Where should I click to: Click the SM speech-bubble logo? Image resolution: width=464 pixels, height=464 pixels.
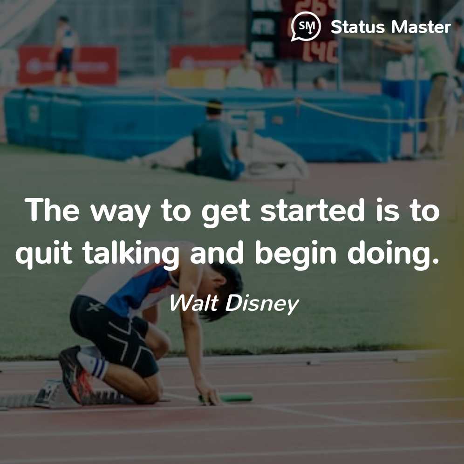click(306, 27)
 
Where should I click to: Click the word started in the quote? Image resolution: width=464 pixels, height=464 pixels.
click(312, 210)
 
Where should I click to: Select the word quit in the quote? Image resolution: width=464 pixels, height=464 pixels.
click(44, 253)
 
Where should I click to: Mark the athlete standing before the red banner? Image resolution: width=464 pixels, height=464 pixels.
click(65, 50)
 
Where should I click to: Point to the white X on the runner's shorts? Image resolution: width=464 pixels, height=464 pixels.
click(96, 307)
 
